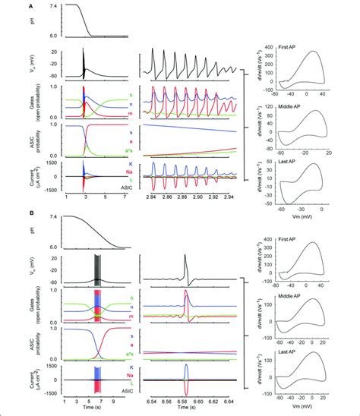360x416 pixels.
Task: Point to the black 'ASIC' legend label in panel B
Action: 127,390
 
